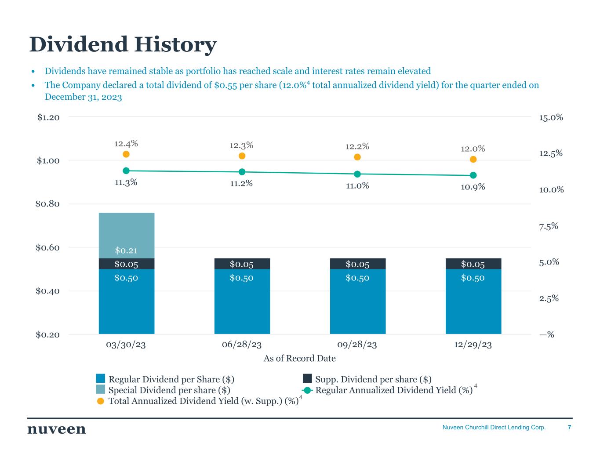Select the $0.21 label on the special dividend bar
pos(126,250)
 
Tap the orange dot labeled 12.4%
pos(126,154)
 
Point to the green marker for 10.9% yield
pos(473,175)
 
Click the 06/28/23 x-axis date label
pos(242,345)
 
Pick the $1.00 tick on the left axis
pos(48,160)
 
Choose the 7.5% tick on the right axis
pos(548,226)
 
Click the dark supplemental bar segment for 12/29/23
pos(473,264)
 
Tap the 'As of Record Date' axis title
pos(299,359)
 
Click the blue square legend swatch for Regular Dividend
pos(101,379)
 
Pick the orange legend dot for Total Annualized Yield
pos(101,401)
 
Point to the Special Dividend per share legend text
pos(169,390)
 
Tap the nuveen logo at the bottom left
pos(57,429)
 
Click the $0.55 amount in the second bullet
pos(226,85)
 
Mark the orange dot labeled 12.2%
pos(357,157)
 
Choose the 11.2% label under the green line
pos(241,184)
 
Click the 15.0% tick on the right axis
pos(551,117)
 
